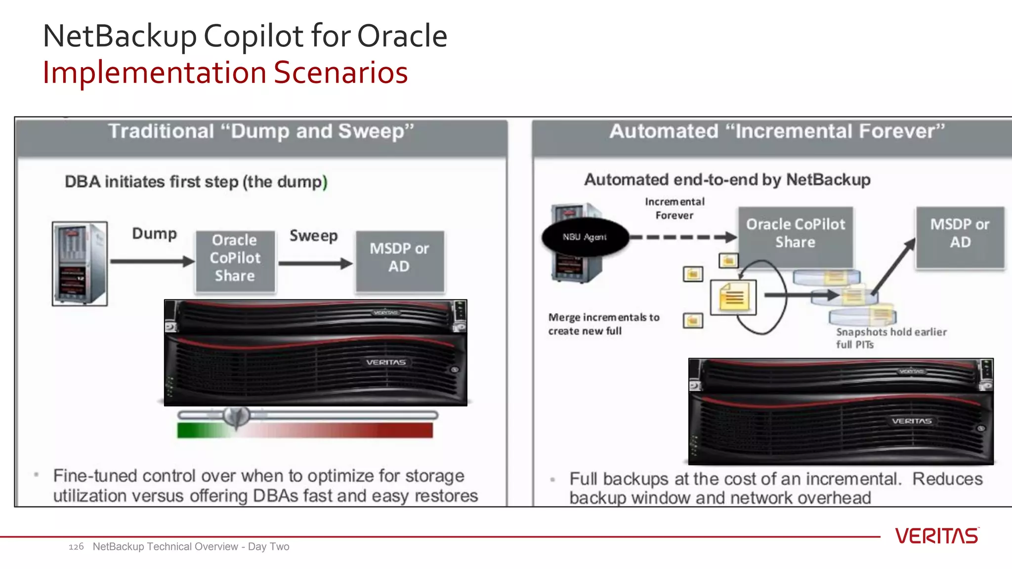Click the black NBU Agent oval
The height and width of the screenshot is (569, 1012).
coord(585,237)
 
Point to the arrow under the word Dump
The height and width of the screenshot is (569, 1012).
coord(152,261)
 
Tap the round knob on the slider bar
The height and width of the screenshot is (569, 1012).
coord(237,416)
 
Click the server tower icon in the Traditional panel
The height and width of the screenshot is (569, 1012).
coord(80,263)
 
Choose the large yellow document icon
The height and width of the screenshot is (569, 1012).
coord(733,297)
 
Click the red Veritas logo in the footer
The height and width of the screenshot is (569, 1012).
coord(936,536)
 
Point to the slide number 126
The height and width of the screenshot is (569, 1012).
coord(76,547)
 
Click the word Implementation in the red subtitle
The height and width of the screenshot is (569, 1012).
coord(154,73)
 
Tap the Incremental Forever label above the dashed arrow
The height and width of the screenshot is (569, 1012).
coord(675,208)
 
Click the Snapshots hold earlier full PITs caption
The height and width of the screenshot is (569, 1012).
coord(891,338)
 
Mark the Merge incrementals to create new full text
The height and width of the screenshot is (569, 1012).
coord(603,324)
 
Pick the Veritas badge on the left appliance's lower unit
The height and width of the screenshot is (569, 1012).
coord(386,363)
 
